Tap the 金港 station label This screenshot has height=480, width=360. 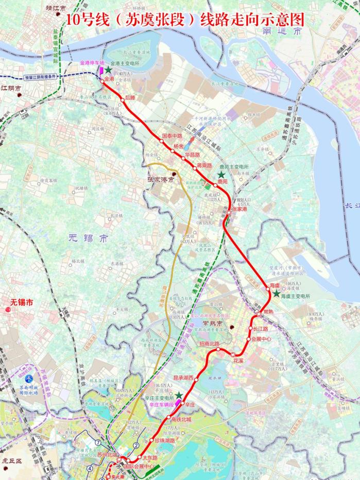point(109,79)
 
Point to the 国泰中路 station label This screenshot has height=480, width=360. point(172,135)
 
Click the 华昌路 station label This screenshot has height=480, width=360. point(192,155)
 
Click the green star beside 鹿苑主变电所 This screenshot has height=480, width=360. point(221,175)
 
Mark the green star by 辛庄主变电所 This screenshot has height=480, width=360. point(178,395)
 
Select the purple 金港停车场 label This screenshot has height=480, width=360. point(92,62)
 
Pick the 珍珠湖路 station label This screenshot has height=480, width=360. point(165,441)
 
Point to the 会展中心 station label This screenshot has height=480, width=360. point(261,339)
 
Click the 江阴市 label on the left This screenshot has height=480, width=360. point(11,89)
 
